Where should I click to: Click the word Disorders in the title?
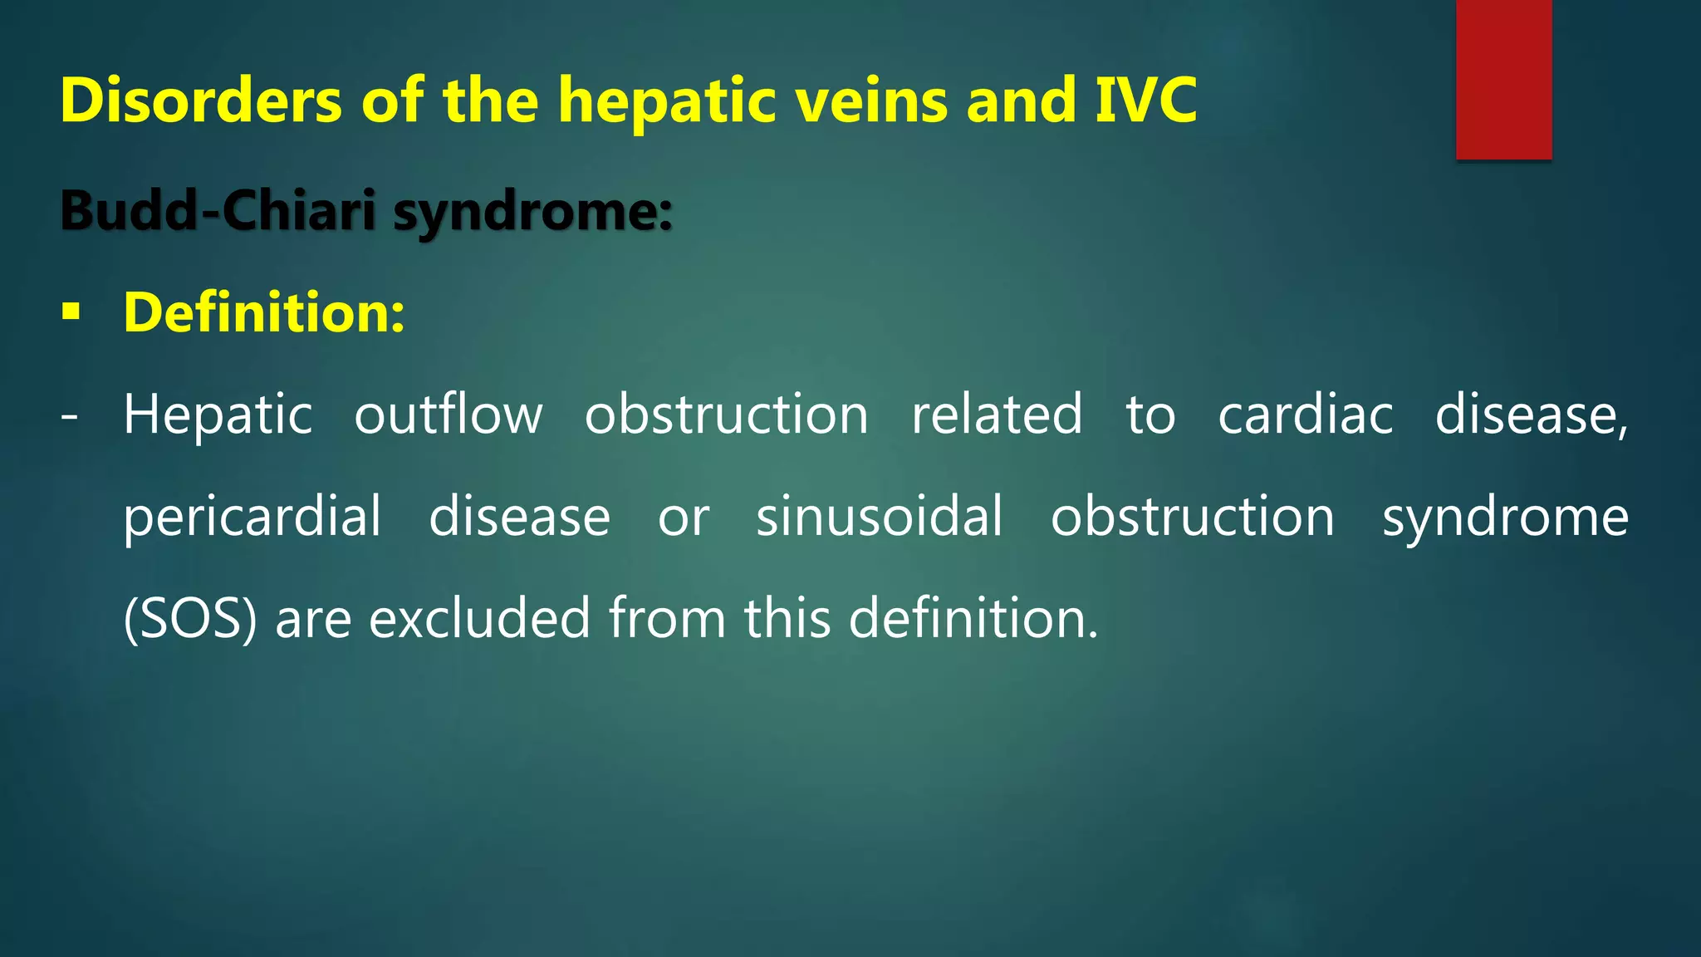coord(201,101)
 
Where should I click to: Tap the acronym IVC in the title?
coord(1145,101)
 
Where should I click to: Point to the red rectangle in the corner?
coord(1503,79)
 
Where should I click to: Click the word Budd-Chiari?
coord(218,210)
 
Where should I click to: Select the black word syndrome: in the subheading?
coord(532,212)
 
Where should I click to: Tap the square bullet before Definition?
coord(71,313)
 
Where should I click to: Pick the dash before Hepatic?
coord(70,415)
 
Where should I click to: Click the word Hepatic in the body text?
coord(218,415)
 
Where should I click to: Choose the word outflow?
coord(449,415)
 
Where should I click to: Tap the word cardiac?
coord(1305,415)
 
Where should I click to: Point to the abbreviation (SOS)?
coord(190,619)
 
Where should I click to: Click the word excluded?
coord(479,619)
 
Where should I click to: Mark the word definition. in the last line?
coord(973,619)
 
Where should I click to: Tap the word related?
coord(997,415)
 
